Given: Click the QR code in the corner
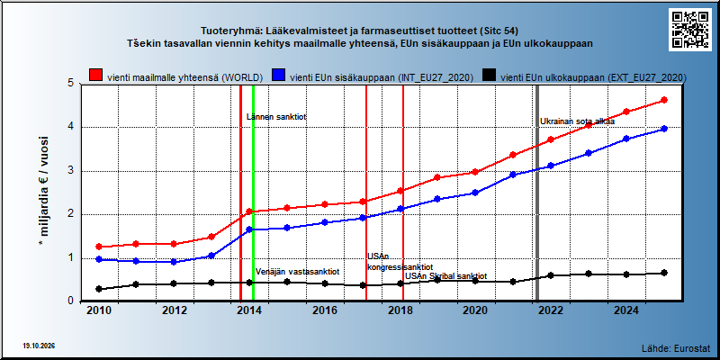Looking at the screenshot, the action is point(689,30).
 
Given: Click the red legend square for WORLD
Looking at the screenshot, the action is point(95,76).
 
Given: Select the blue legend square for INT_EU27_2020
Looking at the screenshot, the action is point(278,76).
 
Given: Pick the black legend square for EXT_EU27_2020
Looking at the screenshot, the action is point(489,76).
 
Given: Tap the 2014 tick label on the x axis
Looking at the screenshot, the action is point(249,310).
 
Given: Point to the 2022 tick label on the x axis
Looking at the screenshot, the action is point(551,310).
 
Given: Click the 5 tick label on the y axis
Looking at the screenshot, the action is point(71,84).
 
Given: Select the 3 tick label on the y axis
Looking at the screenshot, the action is point(71,171).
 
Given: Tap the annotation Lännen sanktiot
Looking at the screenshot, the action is point(276,117).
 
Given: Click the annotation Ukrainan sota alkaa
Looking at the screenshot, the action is point(577,121).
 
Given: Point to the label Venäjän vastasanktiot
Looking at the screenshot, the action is point(297,272).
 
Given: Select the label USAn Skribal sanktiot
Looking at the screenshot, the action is point(445,276).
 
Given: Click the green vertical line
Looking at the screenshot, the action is point(253,193).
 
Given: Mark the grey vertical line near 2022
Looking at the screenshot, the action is point(537,193).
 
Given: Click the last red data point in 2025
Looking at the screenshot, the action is point(664,100).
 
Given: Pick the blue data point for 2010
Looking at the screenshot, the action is point(99,259).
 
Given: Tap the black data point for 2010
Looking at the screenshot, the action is point(99,289).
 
